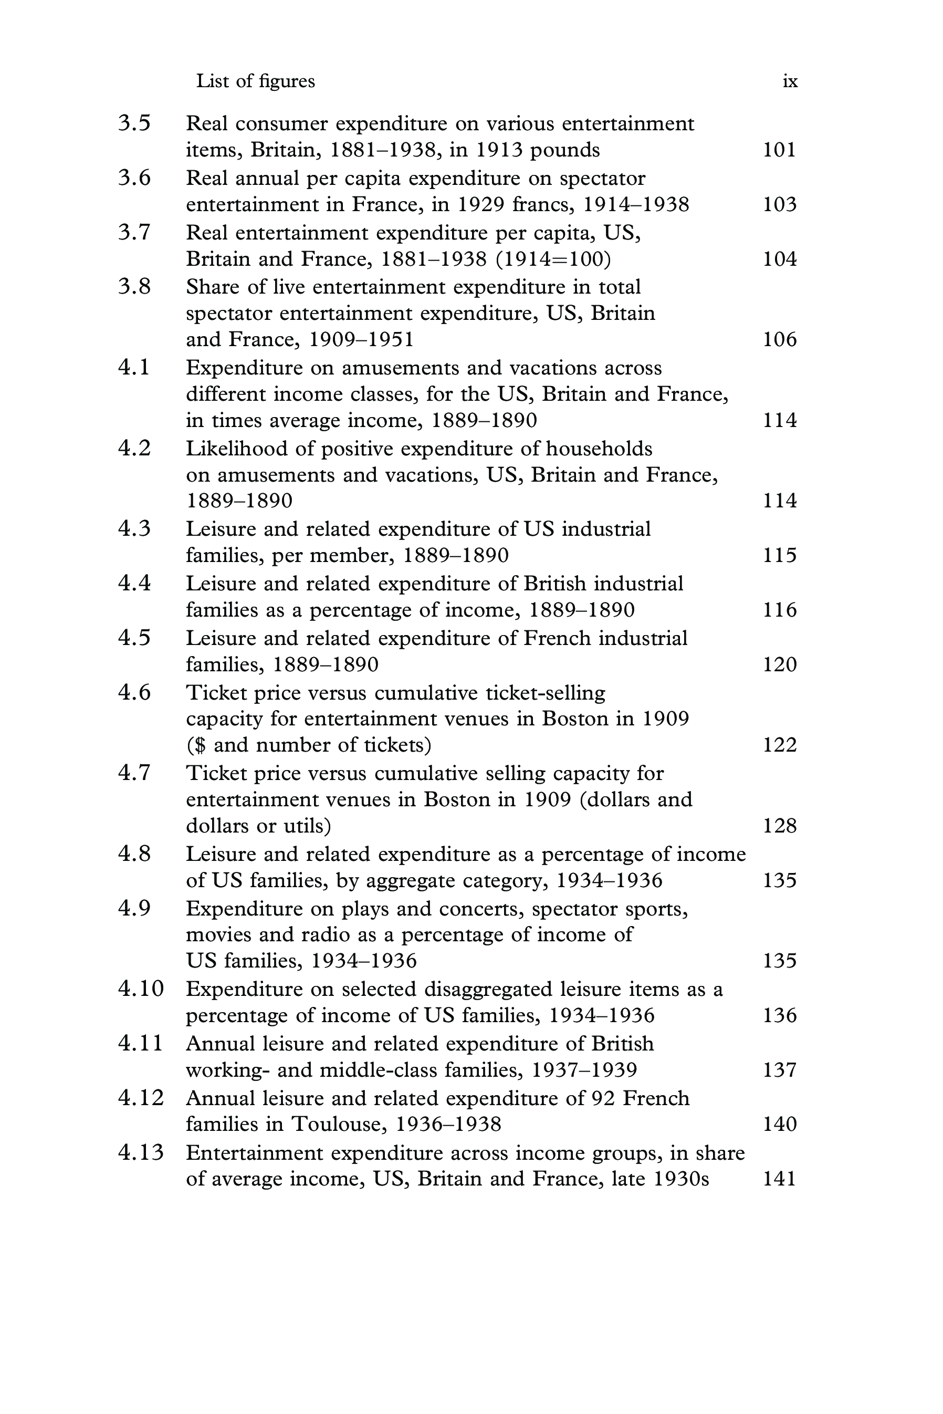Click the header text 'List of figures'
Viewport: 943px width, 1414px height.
pyautogui.click(x=255, y=81)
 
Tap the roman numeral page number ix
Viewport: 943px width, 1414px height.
pyautogui.click(x=790, y=81)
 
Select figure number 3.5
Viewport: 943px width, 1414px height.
pyautogui.click(x=134, y=123)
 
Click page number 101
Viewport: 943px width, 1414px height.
pyautogui.click(x=779, y=150)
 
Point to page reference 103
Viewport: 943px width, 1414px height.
pyautogui.click(x=779, y=204)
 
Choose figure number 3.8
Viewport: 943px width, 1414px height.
pyautogui.click(x=134, y=287)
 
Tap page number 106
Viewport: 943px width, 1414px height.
pyautogui.click(x=779, y=340)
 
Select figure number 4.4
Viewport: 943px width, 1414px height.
pyautogui.click(x=134, y=584)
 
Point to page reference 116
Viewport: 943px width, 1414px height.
pyautogui.click(x=779, y=610)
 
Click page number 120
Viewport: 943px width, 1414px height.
pyautogui.click(x=779, y=664)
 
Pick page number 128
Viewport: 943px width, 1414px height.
pyautogui.click(x=779, y=826)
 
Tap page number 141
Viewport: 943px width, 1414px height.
pyautogui.click(x=779, y=1178)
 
